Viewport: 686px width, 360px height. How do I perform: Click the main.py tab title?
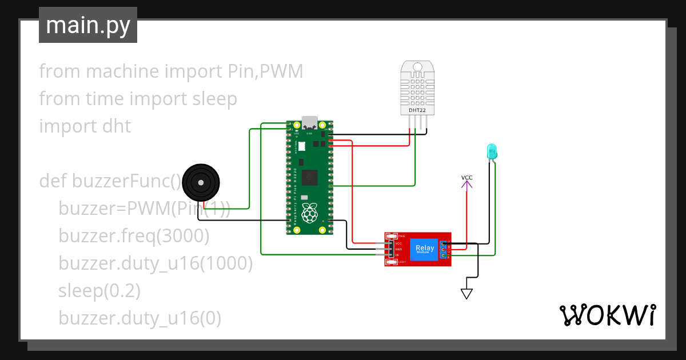87,25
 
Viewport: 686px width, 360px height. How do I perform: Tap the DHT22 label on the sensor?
417,109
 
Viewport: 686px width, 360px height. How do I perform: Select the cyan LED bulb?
492,151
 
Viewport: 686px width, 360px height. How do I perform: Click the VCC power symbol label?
467,178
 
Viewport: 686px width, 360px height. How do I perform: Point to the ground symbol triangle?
467,294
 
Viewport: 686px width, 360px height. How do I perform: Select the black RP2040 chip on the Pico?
310,178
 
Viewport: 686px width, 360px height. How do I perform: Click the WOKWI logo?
607,315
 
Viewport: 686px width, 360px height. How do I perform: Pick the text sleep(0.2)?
99,290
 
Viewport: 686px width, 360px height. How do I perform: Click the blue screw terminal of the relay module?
443,250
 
